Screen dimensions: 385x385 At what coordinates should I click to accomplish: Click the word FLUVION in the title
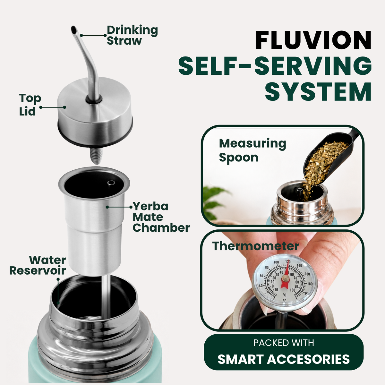coord(313,40)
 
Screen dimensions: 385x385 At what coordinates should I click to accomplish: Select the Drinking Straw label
coord(132,35)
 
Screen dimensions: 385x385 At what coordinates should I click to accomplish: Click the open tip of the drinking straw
coord(73,30)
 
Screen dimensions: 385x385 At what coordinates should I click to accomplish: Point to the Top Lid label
coord(30,105)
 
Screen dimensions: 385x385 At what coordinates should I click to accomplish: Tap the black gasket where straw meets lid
coord(94,99)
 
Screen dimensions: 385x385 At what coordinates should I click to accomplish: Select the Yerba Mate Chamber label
coord(161,217)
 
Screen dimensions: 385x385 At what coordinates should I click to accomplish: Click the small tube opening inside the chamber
coord(111,183)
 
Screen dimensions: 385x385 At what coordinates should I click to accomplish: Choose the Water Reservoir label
coord(38,265)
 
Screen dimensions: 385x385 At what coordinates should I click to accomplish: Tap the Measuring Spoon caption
coord(252,150)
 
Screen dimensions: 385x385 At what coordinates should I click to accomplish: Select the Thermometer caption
coord(256,246)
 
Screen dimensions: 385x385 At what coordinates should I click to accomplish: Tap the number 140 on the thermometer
coord(299,265)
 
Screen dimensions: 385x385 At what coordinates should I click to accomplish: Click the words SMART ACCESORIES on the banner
coord(284,359)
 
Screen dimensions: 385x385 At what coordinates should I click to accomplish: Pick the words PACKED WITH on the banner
coord(284,343)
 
